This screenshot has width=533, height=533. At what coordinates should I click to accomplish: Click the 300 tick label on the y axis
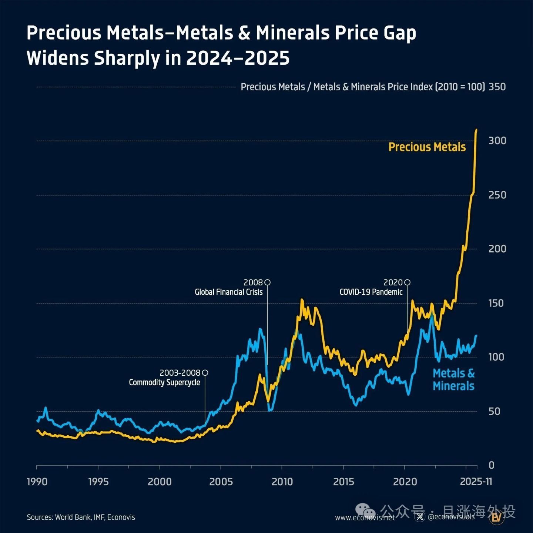click(497, 141)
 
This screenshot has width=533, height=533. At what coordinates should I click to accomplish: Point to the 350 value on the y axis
click(497, 87)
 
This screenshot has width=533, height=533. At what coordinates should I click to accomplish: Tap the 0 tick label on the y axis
click(492, 465)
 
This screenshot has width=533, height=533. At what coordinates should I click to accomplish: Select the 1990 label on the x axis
click(37, 482)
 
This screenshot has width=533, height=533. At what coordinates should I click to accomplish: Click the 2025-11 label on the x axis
click(476, 482)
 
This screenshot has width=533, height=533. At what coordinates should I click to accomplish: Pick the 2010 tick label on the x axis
click(282, 482)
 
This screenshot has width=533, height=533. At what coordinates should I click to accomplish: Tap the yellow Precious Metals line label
click(427, 147)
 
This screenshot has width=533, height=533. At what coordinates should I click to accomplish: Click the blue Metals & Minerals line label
click(454, 380)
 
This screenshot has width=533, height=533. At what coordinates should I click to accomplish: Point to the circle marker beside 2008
click(267, 282)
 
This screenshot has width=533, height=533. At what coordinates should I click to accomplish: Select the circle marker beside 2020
click(407, 282)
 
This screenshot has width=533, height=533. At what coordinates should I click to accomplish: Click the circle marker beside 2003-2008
click(205, 373)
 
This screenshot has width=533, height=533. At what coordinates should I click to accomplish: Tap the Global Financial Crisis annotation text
click(229, 292)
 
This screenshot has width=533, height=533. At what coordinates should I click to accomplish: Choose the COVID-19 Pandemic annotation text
click(371, 292)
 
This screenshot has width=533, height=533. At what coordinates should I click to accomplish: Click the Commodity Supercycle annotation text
click(164, 382)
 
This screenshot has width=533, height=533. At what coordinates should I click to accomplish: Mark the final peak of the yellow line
click(476, 130)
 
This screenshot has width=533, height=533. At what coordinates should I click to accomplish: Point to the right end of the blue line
click(476, 335)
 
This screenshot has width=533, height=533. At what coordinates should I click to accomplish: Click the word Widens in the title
click(58, 58)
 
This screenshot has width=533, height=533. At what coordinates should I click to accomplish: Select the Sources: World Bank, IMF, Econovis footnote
click(81, 517)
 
